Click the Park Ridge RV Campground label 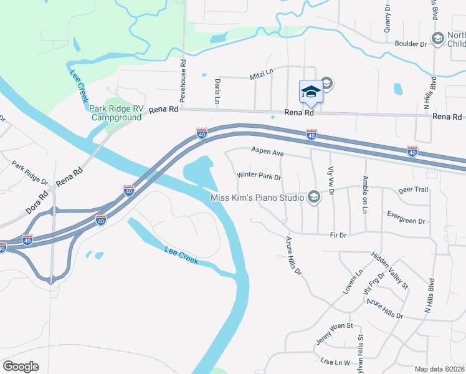pyautogui.click(x=117, y=112)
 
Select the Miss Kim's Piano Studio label pyautogui.click(x=257, y=198)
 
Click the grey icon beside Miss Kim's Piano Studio pyautogui.click(x=313, y=198)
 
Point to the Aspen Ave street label pyautogui.click(x=267, y=151)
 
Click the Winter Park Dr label pyautogui.click(x=260, y=176)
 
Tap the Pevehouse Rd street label pyautogui.click(x=183, y=81)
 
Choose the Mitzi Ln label pyautogui.click(x=262, y=74)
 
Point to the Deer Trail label pyautogui.click(x=413, y=189)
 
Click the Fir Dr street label pyautogui.click(x=337, y=236)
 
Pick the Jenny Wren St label pyautogui.click(x=335, y=326)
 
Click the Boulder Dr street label pyautogui.click(x=411, y=44)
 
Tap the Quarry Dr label pyautogui.click(x=387, y=17)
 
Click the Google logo pyautogui.click(x=21, y=367)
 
